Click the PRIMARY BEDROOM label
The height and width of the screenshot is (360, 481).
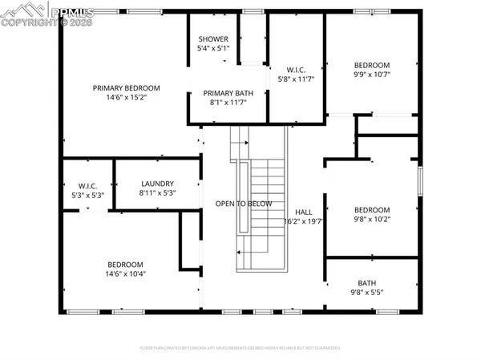point(126,88)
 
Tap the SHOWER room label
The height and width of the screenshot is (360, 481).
point(213,39)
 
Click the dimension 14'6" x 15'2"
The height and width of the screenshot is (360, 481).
point(126,98)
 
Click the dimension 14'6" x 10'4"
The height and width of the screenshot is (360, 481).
point(126,274)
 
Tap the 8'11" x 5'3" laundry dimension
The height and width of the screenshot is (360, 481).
point(157,193)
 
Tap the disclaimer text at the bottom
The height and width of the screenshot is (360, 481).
point(240,348)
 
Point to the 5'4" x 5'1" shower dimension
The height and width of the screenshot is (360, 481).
point(213,49)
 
